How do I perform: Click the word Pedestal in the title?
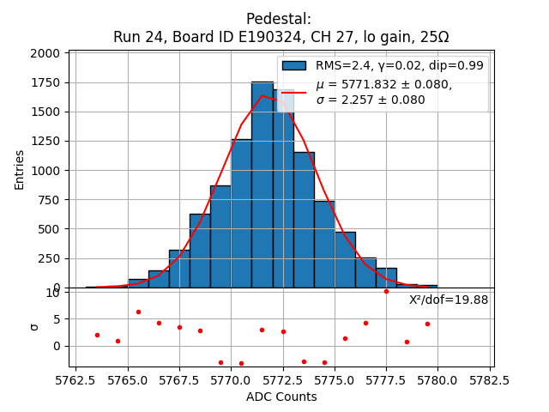point(278,19)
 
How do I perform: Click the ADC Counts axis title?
point(281,397)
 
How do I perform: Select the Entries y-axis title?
point(20,170)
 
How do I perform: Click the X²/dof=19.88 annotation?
point(449,300)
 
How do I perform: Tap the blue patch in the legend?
point(294,65)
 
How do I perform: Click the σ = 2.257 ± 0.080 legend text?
point(371,100)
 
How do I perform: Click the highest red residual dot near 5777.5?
point(386,291)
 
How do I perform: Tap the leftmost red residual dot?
point(97,335)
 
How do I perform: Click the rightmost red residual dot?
point(427,324)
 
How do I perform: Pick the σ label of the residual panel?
point(35,326)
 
